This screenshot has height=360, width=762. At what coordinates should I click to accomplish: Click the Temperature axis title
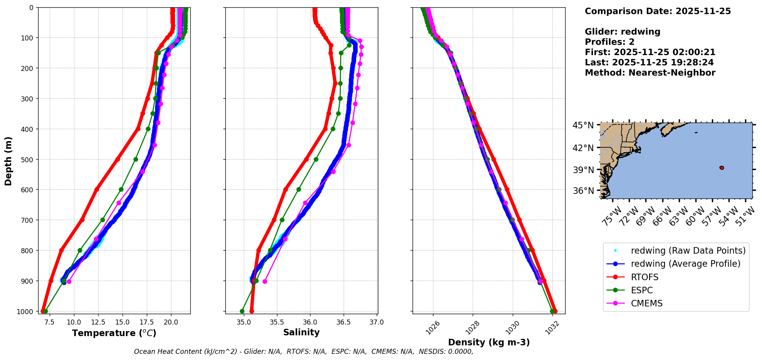pos(114,333)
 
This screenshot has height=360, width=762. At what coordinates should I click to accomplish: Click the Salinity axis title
pos(301,332)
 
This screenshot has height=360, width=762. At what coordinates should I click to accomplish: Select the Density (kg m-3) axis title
pos(489,342)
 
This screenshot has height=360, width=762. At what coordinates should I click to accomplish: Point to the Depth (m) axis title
pos(8,161)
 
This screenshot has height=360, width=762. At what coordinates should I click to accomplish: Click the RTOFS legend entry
pos(645,277)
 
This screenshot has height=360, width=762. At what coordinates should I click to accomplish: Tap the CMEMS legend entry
pos(646,303)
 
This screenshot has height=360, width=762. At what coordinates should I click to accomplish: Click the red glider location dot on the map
pos(722,168)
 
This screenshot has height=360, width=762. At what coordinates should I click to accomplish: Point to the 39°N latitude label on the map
pos(583,170)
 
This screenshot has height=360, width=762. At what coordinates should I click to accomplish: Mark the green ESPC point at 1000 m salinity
pos(242,311)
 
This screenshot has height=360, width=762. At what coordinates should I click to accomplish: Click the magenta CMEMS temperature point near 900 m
pos(69,281)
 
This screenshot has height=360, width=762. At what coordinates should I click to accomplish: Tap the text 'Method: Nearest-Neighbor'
pos(650,72)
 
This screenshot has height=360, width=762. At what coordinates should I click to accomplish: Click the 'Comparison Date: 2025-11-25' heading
pos(658,11)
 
